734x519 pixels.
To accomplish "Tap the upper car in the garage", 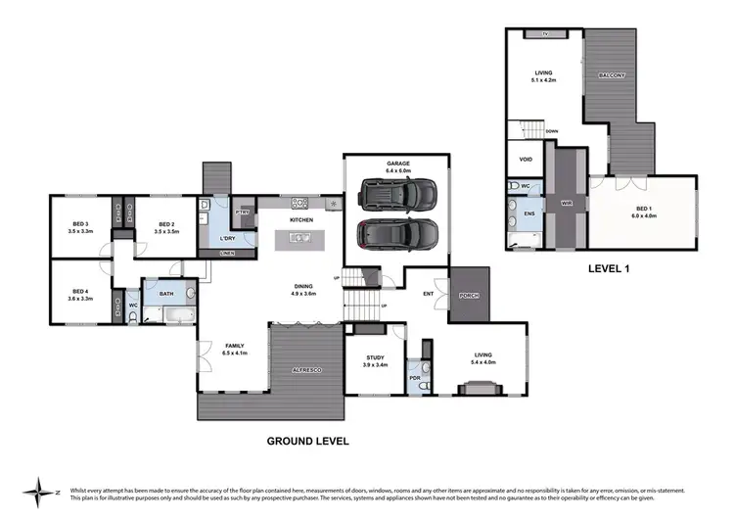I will [385, 194].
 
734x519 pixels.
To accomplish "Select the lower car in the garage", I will [395, 235].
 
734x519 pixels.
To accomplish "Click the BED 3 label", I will [80, 227].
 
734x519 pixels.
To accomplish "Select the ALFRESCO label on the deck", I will [305, 369].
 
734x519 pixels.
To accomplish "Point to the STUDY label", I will [376, 358].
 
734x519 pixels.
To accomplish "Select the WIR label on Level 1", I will [565, 202].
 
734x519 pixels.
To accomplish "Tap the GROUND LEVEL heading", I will [308, 442].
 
